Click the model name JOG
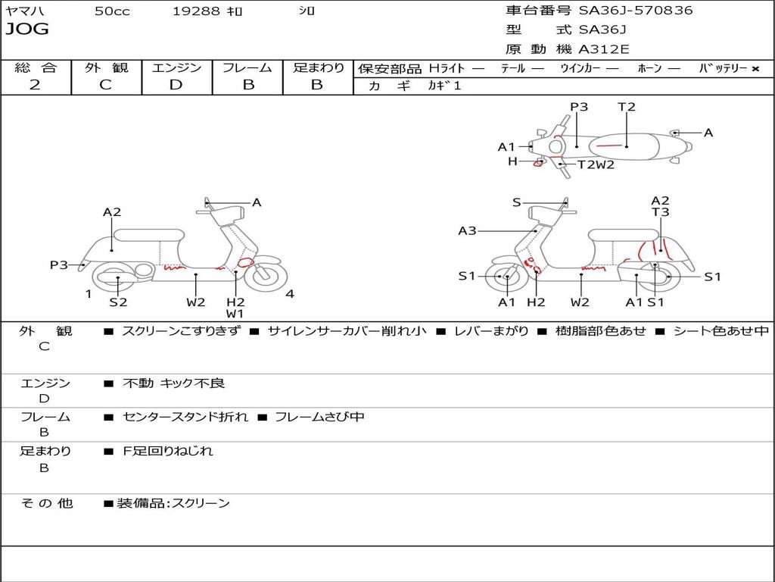26,30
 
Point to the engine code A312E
604,49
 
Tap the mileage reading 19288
196,11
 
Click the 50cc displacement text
112,11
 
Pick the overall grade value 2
35,85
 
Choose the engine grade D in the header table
176,85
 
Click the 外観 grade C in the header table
105,85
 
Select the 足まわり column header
318,68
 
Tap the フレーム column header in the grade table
247,68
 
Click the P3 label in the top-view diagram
579,107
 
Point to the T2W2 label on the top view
596,164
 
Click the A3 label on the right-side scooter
467,231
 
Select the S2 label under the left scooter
118,302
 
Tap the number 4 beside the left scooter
290,294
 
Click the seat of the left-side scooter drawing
149,234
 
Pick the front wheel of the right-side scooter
506,277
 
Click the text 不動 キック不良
174,383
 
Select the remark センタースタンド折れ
185,417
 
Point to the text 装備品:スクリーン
173,503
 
